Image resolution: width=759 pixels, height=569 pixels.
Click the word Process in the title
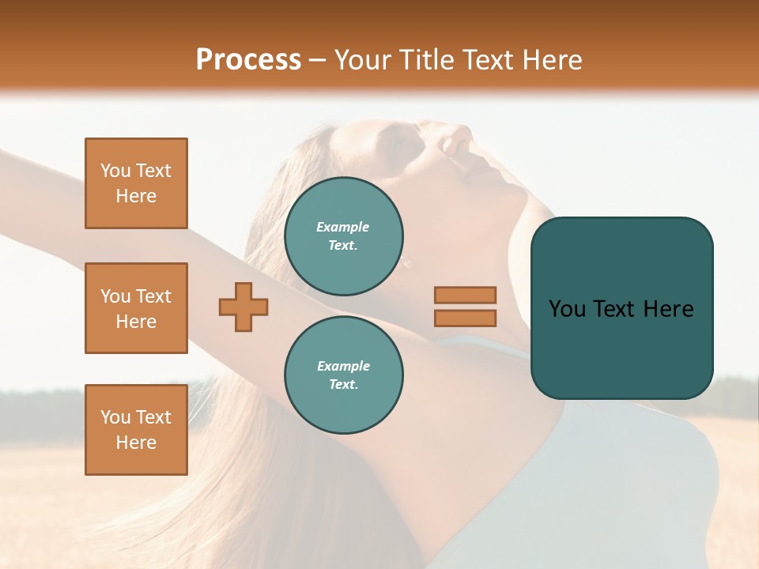248,60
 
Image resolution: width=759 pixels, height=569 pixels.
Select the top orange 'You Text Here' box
136,183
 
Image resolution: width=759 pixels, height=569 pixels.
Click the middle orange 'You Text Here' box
136,308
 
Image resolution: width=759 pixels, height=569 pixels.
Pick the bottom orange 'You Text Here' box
136,430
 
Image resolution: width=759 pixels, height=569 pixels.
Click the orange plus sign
244,307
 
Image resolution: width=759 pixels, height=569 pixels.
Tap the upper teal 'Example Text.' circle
344,236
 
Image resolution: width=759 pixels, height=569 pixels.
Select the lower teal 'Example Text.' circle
344,375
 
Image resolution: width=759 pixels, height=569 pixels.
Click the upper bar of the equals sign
465,295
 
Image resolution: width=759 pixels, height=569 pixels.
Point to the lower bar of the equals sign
465,318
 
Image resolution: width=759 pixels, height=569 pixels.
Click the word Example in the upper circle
342,227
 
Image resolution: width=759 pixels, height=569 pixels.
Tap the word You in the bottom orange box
115,417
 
